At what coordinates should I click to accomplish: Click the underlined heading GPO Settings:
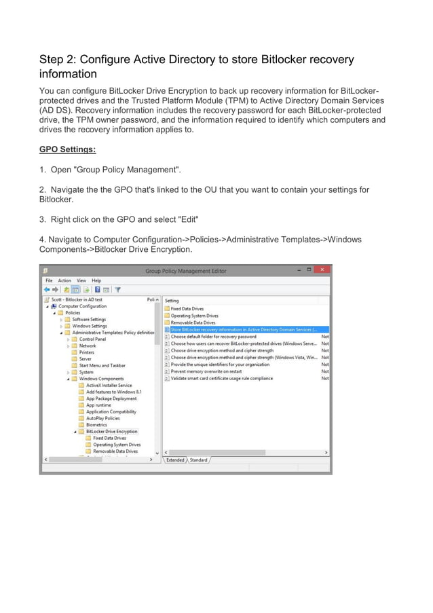67,149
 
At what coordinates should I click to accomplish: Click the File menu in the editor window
49,280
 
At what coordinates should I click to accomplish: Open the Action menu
64,280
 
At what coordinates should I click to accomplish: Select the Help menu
96,280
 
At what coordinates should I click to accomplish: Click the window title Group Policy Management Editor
185,271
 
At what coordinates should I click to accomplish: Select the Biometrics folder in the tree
96,425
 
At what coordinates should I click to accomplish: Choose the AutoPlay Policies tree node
102,418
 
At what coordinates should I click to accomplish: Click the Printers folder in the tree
87,352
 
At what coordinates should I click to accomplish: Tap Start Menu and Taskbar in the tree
102,366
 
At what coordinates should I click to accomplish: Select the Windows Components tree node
101,379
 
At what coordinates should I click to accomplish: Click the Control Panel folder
92,339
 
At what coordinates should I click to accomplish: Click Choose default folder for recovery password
213,336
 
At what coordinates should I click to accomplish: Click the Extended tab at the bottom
176,460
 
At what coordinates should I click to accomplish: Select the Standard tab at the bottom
199,460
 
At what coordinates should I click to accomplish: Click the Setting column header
172,300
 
